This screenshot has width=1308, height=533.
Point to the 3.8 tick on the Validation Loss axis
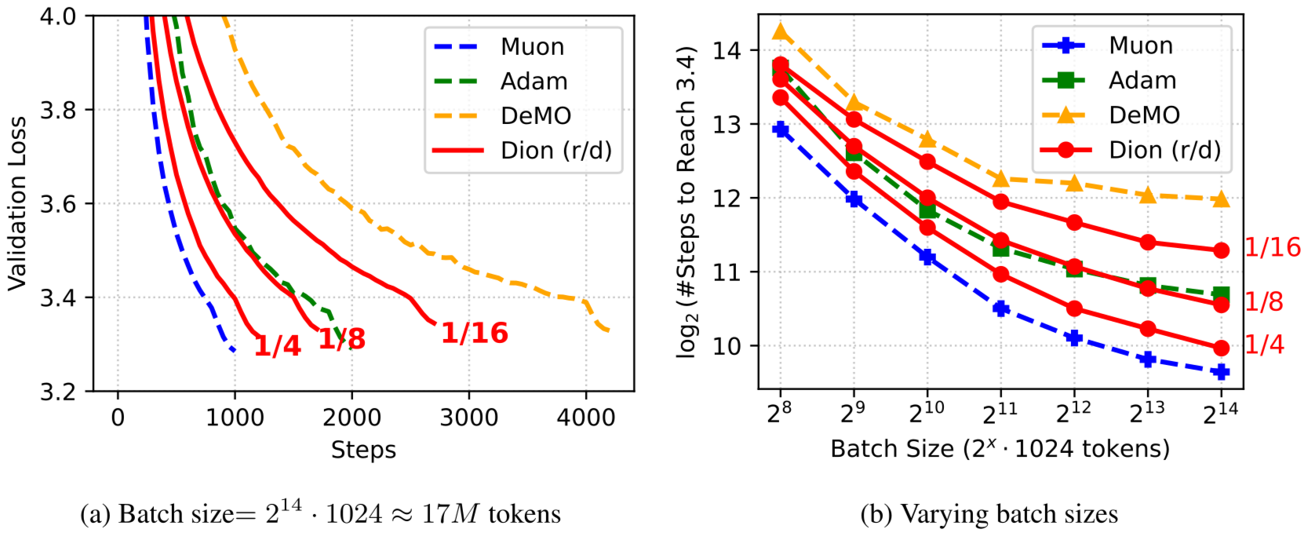(58, 110)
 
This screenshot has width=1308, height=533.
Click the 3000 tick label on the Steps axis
(468, 418)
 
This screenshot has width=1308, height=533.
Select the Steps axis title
(363, 450)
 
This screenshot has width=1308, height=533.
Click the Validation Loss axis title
(17, 203)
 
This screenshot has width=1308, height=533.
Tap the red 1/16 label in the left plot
(475, 333)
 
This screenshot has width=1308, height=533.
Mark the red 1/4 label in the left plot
(277, 345)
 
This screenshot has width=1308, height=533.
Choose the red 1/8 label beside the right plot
(1264, 301)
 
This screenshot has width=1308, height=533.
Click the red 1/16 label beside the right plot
(1273, 247)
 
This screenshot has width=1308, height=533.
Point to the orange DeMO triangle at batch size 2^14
(1221, 199)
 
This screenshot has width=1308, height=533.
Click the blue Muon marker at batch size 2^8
(780, 129)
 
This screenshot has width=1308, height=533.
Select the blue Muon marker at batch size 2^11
(1000, 308)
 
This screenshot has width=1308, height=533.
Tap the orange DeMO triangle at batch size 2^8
(780, 32)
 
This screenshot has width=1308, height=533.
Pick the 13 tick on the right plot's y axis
(727, 124)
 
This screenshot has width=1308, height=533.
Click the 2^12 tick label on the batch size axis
(1073, 412)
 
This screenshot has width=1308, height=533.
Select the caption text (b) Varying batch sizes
(989, 514)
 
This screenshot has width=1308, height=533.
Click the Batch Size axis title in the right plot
(1000, 449)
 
